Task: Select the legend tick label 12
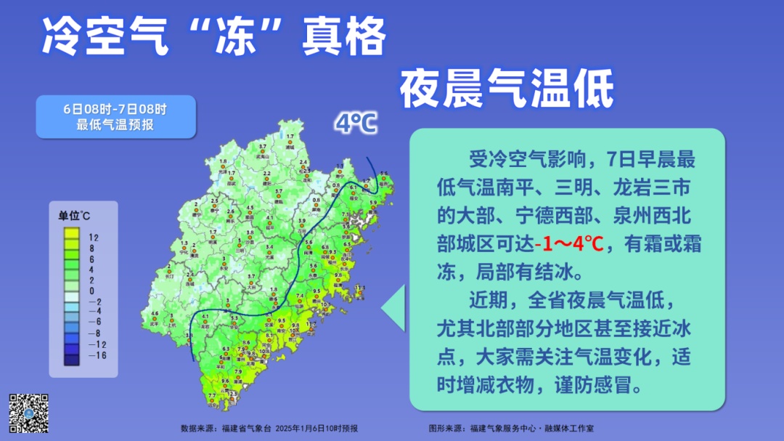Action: point(94,238)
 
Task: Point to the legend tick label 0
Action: point(94,289)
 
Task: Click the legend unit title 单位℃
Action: point(74,217)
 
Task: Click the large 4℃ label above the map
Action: point(355,124)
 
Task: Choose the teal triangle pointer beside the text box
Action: point(394,307)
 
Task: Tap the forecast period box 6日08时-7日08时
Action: point(115,116)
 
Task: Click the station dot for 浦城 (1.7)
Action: point(290,143)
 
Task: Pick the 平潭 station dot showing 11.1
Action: point(359,294)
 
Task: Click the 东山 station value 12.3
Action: point(232,395)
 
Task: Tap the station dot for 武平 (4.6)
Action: point(155,319)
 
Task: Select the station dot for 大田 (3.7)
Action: point(250,283)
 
